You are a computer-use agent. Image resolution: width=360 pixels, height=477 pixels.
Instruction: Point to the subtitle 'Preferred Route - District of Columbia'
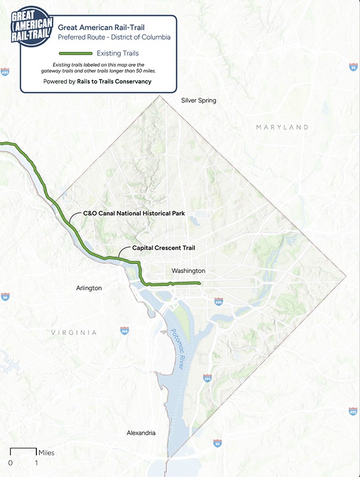point(114,37)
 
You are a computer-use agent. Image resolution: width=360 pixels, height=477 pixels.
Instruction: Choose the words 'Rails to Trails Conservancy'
point(114,81)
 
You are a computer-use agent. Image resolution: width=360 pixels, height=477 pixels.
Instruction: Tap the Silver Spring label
point(198,101)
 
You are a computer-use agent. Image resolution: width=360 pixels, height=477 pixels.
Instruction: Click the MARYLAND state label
point(282,127)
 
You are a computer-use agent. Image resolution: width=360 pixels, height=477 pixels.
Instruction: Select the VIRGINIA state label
point(73,332)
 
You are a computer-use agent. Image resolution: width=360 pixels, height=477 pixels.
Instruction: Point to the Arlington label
point(89,288)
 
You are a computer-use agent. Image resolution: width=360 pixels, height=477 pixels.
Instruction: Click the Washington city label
point(188,271)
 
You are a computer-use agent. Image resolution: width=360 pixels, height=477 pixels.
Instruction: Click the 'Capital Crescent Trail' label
point(164,247)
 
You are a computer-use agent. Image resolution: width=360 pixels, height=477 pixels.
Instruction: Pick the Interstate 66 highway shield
point(5,296)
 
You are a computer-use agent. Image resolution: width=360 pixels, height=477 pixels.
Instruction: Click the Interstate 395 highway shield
point(124,330)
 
